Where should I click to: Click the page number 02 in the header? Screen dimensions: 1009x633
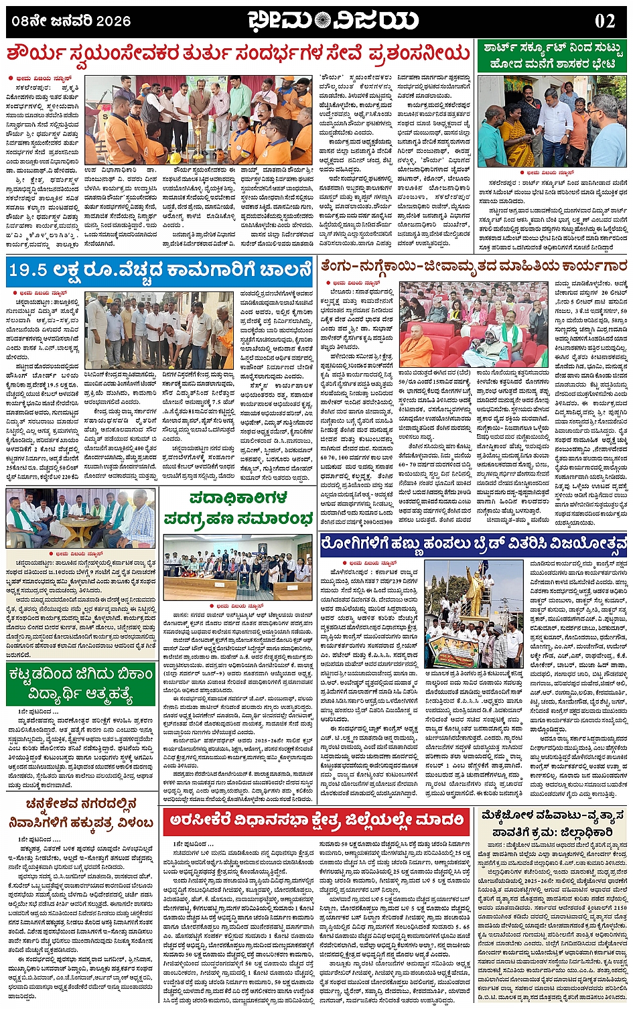(x=604, y=21)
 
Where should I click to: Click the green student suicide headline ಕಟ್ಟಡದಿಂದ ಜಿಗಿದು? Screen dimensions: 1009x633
(x=81, y=683)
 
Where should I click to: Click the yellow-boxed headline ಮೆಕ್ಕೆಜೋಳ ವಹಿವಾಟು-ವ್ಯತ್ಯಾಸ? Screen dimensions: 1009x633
(x=553, y=823)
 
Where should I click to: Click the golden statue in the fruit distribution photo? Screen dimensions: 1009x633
(x=473, y=590)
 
